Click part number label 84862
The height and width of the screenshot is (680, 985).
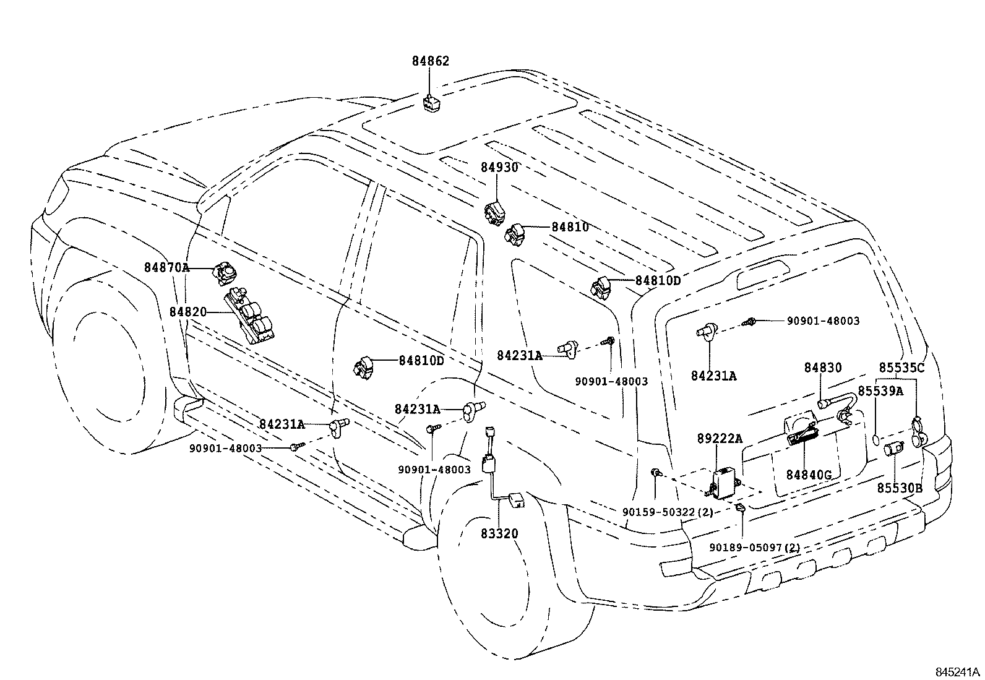(431, 61)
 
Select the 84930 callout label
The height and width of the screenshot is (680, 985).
(499, 167)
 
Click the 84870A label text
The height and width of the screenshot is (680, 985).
(166, 267)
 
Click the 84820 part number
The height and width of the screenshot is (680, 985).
(187, 312)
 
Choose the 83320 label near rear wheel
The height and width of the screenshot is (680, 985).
(499, 533)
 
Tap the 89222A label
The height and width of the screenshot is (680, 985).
(720, 439)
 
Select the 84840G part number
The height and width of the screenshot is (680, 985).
(809, 475)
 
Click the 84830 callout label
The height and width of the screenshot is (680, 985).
(823, 368)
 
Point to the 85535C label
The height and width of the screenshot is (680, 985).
(901, 368)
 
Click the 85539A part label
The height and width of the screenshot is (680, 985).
(880, 391)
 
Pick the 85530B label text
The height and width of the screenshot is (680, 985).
(899, 488)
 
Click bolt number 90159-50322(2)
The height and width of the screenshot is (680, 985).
(668, 512)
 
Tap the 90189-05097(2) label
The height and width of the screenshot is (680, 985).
(754, 548)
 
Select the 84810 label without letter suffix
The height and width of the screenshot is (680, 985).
(570, 227)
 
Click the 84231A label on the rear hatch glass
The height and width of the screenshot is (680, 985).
(714, 376)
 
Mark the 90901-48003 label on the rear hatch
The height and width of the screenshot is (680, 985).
(823, 321)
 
